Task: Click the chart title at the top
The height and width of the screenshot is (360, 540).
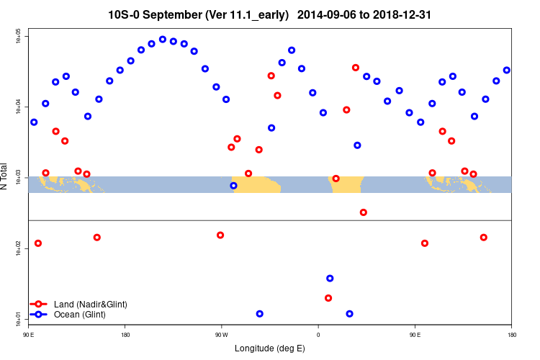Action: point(270,14)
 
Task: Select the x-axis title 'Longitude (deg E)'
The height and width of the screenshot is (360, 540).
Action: point(270,348)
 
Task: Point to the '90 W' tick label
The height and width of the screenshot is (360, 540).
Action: point(221,334)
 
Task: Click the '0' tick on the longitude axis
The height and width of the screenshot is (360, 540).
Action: point(318,334)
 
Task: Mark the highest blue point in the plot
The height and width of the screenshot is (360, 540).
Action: point(163,40)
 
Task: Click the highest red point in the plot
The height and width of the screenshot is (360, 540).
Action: point(356,68)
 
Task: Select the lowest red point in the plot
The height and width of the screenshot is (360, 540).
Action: point(328,298)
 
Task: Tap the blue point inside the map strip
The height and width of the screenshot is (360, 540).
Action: point(233,186)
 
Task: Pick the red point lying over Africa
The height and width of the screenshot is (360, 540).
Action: point(336,179)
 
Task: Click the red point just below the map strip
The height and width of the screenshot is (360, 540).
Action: point(364,212)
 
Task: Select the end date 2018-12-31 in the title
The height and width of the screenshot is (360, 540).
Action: point(404,14)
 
